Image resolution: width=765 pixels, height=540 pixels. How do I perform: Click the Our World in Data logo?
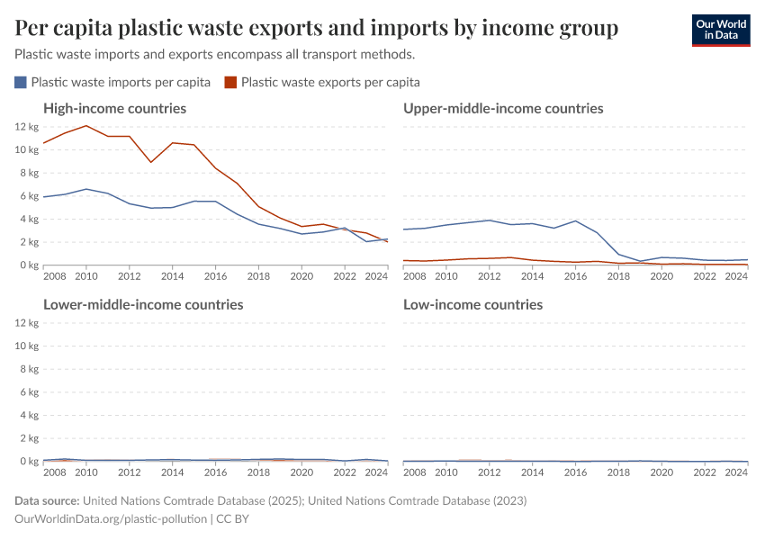click(720, 30)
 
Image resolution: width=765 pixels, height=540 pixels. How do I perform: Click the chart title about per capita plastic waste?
click(317, 29)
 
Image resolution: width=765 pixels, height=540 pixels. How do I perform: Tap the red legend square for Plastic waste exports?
click(230, 82)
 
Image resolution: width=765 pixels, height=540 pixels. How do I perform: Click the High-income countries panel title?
click(114, 108)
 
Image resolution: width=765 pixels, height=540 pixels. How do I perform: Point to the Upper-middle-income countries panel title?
click(503, 108)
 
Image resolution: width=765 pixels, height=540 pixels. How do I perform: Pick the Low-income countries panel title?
click(472, 304)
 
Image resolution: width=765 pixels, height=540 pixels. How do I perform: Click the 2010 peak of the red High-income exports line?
click(86, 126)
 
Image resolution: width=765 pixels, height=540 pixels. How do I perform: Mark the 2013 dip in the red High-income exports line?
click(151, 162)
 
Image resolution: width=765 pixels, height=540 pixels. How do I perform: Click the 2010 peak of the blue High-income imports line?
click(86, 189)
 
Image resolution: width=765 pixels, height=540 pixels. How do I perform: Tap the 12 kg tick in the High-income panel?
click(26, 126)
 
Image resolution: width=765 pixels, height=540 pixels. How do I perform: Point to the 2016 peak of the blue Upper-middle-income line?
click(576, 220)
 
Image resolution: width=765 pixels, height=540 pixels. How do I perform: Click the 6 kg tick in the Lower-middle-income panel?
click(28, 392)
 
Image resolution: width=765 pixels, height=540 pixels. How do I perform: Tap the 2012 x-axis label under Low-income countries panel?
click(490, 472)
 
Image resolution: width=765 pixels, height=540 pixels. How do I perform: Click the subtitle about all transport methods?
click(214, 54)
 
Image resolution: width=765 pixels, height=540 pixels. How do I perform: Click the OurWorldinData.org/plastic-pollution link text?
click(111, 519)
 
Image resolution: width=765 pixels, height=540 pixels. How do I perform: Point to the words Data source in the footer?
click(47, 500)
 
